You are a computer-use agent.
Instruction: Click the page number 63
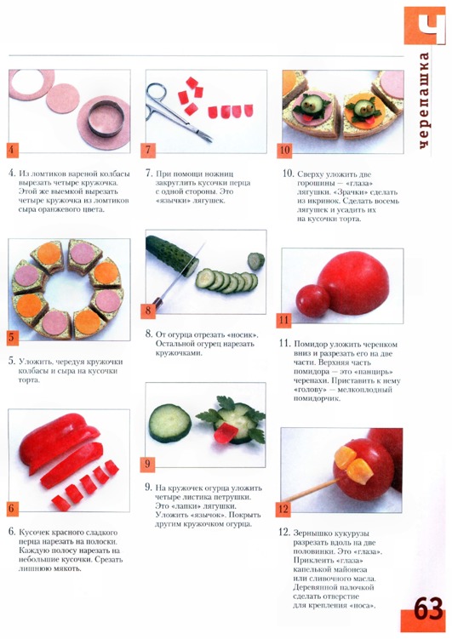coord(428,609)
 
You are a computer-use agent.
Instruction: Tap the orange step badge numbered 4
coord(12,150)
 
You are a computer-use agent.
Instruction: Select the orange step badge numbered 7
coord(147,150)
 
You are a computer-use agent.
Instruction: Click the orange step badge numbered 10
coord(284,151)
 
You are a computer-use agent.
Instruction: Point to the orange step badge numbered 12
coord(283,509)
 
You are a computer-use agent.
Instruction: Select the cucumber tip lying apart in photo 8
coord(256,261)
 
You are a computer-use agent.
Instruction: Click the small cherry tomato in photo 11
coord(312,300)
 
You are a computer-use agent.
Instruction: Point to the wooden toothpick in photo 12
coord(311,490)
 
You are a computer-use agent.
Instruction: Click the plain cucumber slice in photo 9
coord(170,423)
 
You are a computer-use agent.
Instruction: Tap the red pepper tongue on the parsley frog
coord(223,433)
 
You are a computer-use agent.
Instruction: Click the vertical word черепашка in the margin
coord(424,100)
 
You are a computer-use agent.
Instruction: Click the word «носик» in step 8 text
coord(243,335)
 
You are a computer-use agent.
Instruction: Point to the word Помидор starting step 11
coord(311,345)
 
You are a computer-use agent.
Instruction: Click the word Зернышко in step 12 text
coord(312,533)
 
